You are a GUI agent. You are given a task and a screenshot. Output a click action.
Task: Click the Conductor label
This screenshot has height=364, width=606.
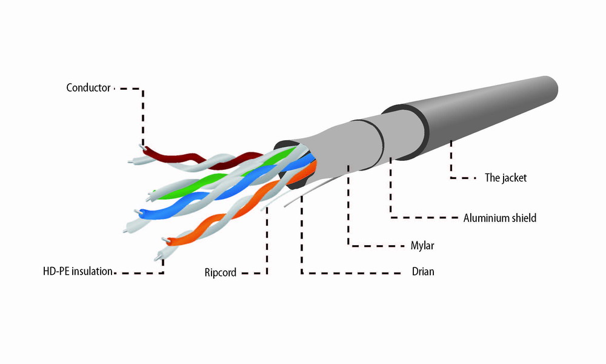(x=88, y=88)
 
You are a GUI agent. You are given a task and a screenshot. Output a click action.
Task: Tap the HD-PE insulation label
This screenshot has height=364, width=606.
(x=78, y=271)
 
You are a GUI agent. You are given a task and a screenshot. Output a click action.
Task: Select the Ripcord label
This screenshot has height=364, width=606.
(x=221, y=273)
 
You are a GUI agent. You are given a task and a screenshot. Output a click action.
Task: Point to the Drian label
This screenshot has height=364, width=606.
(x=423, y=272)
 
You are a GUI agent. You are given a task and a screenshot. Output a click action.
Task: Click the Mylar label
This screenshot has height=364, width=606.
(x=422, y=246)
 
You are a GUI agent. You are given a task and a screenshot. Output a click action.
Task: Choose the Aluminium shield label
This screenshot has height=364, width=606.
(x=500, y=218)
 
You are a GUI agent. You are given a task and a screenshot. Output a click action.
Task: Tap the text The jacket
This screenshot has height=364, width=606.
(x=505, y=178)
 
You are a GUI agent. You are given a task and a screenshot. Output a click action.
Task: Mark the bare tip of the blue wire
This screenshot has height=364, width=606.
(x=138, y=212)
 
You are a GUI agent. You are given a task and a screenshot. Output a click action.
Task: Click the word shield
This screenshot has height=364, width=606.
(x=524, y=218)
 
